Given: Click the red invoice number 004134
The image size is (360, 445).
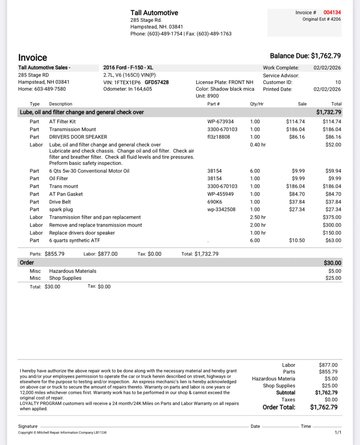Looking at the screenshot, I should point(332,13).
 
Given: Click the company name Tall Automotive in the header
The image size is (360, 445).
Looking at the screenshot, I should point(154,13).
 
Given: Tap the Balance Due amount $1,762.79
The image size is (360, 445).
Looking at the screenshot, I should point(326,56).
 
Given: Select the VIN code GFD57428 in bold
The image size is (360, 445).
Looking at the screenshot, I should point(157,82).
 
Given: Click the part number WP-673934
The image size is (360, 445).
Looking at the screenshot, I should point(220,121).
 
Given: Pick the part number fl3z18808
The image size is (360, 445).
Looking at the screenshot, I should point(219,137).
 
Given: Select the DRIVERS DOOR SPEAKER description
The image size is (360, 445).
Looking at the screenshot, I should point(78,137).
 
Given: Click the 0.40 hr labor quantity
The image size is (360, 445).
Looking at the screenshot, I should point(258,145).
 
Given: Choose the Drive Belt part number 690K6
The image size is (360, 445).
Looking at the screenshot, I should point(214,202).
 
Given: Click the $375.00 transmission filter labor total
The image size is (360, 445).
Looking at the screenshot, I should point(332,217).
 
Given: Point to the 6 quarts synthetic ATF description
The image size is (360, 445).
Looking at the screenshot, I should point(75,240).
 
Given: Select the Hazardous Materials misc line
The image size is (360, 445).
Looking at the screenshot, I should point(73,271).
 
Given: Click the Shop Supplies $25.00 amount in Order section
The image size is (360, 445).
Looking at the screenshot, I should point(334,278).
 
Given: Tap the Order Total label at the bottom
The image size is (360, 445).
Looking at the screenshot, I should point(279,407).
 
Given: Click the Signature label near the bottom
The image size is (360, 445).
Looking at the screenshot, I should point(28,426).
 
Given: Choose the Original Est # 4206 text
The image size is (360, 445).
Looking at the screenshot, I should point(321,19).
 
